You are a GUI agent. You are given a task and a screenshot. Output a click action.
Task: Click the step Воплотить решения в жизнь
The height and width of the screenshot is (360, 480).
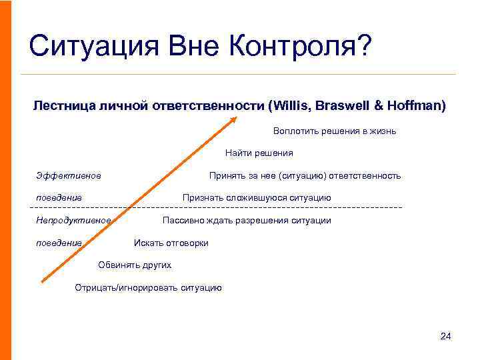(x=334, y=131)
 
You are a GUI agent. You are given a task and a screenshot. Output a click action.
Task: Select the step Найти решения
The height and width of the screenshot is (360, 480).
(x=259, y=153)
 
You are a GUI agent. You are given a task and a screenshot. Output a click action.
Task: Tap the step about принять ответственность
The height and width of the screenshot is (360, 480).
(x=305, y=176)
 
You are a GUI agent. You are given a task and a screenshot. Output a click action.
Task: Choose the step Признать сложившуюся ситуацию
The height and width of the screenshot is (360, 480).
(x=257, y=198)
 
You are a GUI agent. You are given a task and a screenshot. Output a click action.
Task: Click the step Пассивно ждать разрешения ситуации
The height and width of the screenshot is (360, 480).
(x=246, y=221)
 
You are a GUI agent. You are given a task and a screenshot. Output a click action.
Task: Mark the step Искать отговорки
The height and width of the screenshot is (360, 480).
(x=171, y=243)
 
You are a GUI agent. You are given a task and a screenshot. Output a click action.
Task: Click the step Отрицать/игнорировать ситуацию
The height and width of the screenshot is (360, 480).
(x=148, y=288)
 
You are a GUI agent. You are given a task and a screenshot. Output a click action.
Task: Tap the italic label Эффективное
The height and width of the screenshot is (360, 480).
(x=69, y=176)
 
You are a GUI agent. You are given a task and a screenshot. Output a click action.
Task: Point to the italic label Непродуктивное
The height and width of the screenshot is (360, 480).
(x=73, y=221)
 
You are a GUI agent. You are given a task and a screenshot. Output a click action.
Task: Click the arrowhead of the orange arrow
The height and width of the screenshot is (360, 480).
(x=233, y=119)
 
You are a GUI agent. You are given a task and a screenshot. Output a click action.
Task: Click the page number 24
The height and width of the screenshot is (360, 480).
(x=446, y=336)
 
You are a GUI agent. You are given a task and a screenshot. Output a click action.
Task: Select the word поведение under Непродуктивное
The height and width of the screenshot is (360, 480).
(x=59, y=243)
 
